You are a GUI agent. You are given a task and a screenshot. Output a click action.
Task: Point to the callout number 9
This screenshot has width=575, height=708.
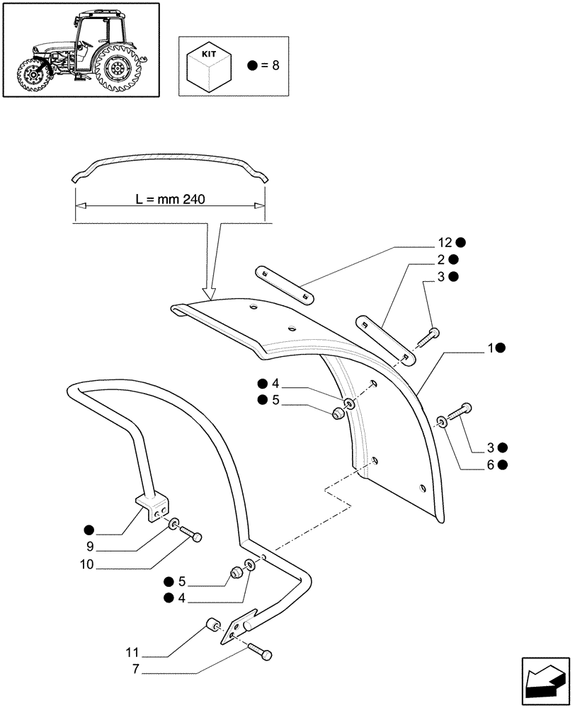tap(90, 547)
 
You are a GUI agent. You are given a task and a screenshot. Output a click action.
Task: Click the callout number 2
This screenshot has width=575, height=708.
tap(440, 259)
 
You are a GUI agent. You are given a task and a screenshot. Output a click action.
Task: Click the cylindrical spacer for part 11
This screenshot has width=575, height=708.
tap(212, 624)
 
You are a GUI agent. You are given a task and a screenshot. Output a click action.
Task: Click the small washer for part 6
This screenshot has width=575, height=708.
tap(442, 422)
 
